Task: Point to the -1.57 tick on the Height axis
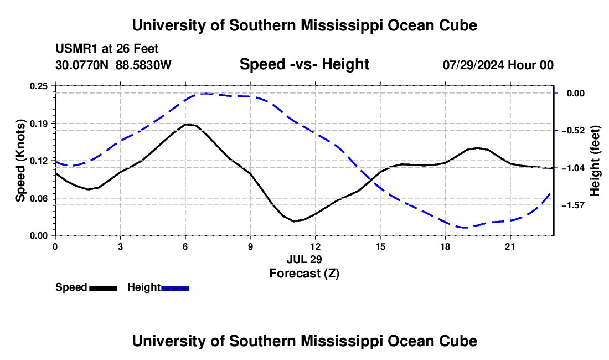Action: [573, 205]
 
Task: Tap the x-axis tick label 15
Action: [380, 246]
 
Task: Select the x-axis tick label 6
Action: [185, 246]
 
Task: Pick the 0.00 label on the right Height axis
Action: [576, 93]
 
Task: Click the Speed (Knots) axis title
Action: [20, 161]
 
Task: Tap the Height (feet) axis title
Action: [595, 161]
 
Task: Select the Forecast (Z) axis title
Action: [304, 274]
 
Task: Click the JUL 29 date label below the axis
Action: [304, 259]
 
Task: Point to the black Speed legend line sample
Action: [104, 288]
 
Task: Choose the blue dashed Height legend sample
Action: [175, 288]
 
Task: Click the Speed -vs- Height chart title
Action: [304, 64]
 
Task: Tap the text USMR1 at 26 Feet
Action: [107, 49]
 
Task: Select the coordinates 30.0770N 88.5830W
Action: [113, 65]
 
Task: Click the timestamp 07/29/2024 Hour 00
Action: [498, 65]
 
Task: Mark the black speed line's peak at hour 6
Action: [185, 124]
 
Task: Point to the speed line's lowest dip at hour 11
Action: [294, 222]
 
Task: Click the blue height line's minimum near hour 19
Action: [465, 227]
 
